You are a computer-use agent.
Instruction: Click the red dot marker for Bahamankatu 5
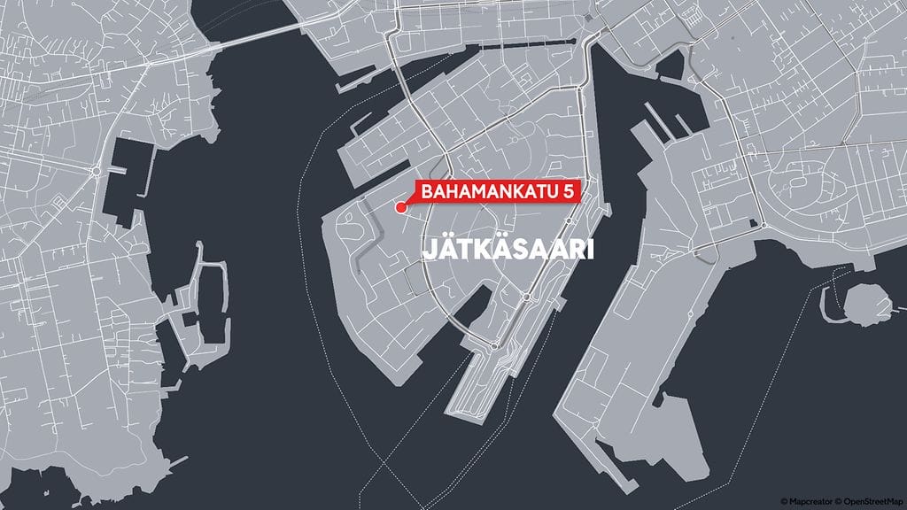coord(401,207)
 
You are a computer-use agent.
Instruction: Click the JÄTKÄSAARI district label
coord(506,251)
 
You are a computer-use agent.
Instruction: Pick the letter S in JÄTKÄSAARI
coord(517,251)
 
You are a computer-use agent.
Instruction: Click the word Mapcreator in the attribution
coord(809,502)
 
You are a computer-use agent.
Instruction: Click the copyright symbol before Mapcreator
coord(784,502)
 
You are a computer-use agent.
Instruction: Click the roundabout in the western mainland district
coord(95,170)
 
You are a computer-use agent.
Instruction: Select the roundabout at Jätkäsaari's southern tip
coord(493,344)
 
